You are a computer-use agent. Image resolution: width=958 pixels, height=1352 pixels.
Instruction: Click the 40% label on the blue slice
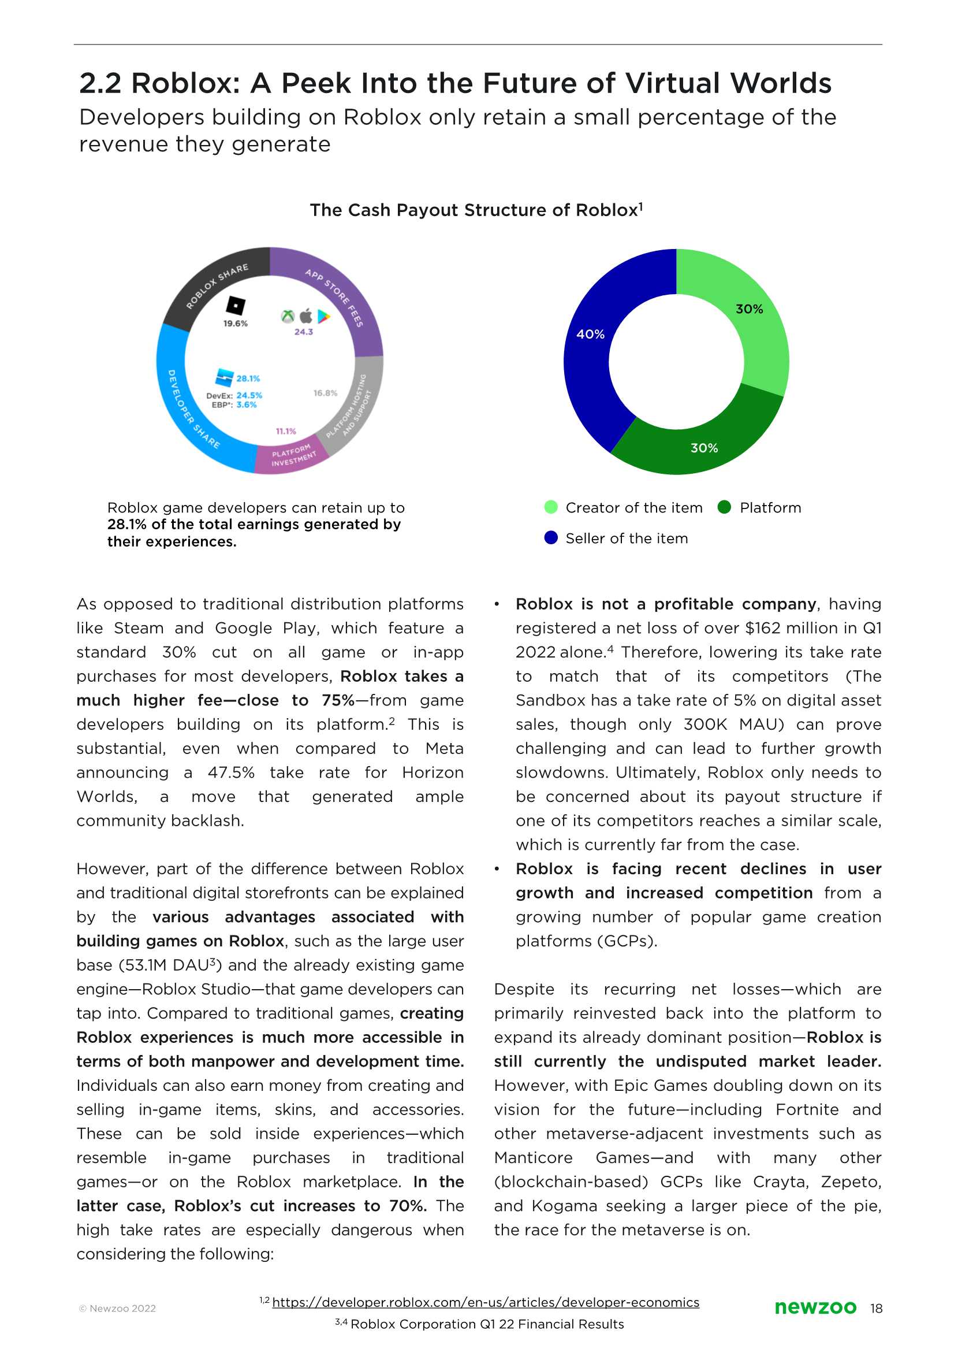point(590,334)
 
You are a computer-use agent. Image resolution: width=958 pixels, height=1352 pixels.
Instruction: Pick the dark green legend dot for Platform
point(724,507)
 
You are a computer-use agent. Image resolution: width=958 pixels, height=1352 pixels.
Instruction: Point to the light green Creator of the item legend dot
point(550,507)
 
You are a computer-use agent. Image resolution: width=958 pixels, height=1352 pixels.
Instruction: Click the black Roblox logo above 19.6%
point(236,305)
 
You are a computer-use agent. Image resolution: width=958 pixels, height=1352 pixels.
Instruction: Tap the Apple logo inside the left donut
point(305,315)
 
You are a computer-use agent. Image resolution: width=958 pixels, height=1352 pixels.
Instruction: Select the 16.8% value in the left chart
point(325,393)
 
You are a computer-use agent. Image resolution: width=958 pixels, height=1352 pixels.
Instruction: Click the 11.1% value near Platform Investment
point(286,432)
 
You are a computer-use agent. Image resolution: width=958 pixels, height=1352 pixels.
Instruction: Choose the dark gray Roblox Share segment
point(207,289)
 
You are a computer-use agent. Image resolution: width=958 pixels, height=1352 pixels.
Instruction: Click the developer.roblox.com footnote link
point(486,1302)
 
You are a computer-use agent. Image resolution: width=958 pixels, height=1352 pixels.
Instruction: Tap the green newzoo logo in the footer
point(815,1307)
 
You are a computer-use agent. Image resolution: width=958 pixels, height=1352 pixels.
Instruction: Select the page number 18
point(876,1308)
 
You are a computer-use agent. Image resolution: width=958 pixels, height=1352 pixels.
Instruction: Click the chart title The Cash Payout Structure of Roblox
point(476,210)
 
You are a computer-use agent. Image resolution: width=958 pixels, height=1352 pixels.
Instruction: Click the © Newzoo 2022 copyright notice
point(117,1308)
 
